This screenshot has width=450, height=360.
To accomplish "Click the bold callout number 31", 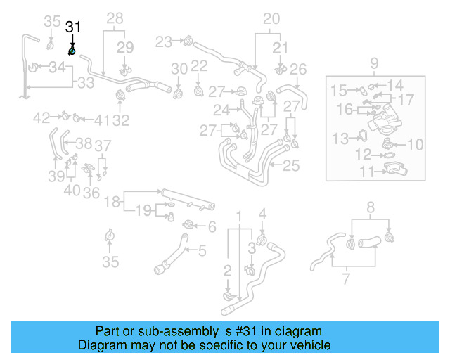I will coord(73,27).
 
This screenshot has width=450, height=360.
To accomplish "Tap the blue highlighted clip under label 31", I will coord(72,51).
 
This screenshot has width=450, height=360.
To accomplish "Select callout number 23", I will coord(164,42).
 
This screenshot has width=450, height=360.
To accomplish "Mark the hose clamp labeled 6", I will coord(190,225).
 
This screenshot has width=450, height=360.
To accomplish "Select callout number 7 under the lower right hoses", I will coord(345,280).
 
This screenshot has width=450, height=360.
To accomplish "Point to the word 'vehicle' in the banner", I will coord(310,345).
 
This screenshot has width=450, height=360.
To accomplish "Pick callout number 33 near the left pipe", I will coord(85,82).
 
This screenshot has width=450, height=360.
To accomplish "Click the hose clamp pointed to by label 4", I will coord(263,242).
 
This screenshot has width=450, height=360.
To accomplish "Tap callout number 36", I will coord(91,192).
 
